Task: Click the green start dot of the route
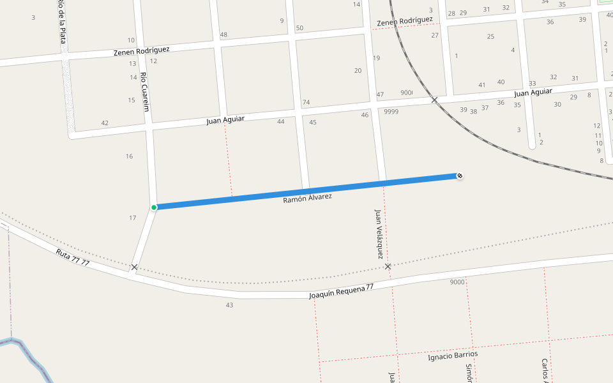click(x=154, y=207)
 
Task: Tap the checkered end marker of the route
click(x=460, y=176)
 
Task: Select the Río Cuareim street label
click(x=145, y=92)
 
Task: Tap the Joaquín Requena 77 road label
click(x=341, y=292)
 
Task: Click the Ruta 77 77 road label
click(x=72, y=257)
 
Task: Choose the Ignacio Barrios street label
click(x=452, y=356)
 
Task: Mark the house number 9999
click(x=391, y=112)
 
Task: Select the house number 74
click(x=306, y=102)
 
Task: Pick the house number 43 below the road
click(x=229, y=305)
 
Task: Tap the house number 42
click(x=105, y=123)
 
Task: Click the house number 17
click(x=132, y=218)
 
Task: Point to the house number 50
click(x=299, y=28)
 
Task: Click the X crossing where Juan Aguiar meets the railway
click(x=434, y=100)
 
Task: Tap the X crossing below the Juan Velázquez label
click(x=388, y=266)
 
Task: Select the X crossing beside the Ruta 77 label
click(x=134, y=267)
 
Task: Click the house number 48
click(x=223, y=34)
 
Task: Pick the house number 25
click(x=490, y=36)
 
